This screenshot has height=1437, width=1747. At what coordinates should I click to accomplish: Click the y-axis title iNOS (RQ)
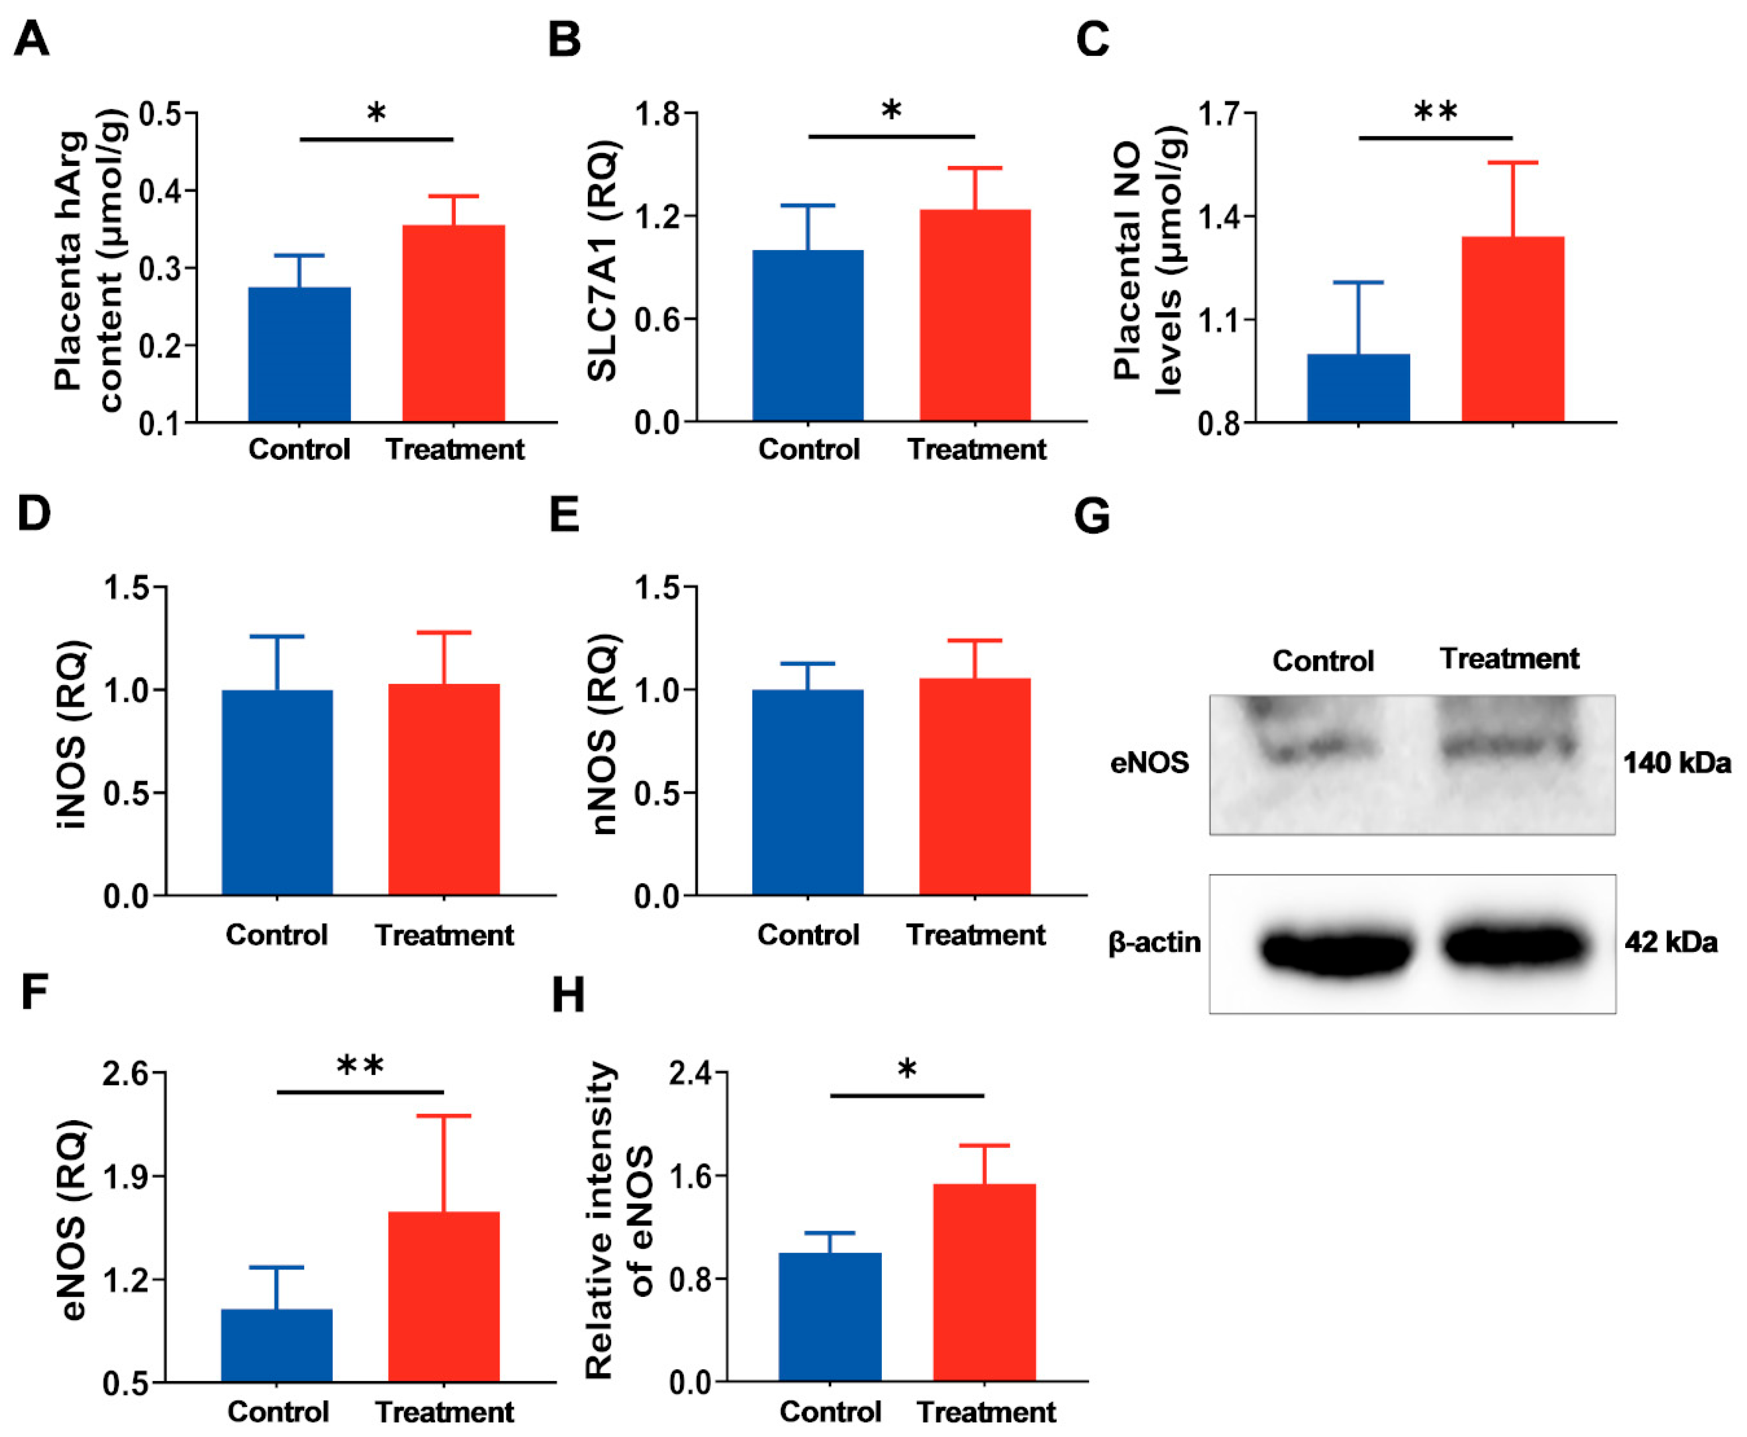click(x=73, y=733)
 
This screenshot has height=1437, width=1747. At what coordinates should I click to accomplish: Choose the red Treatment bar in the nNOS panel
click(x=975, y=786)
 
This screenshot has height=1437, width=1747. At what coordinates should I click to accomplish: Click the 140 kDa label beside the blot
click(x=1676, y=763)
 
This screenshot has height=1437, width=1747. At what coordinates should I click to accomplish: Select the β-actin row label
click(x=1154, y=942)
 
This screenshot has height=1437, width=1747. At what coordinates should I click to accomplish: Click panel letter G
click(x=1092, y=516)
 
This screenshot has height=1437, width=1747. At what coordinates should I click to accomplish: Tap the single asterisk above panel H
click(x=907, y=1070)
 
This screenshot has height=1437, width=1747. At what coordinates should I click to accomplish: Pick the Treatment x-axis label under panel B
click(x=977, y=450)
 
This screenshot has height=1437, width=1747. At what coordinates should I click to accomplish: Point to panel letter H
click(x=568, y=995)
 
